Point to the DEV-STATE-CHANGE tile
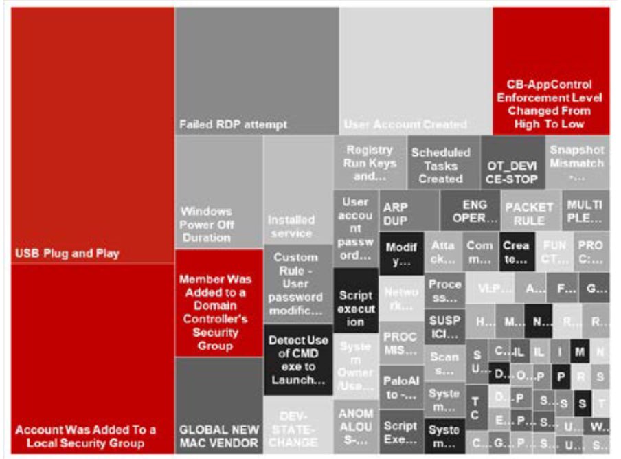coord(298,427)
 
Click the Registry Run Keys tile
coord(370,163)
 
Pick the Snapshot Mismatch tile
coord(577,163)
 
